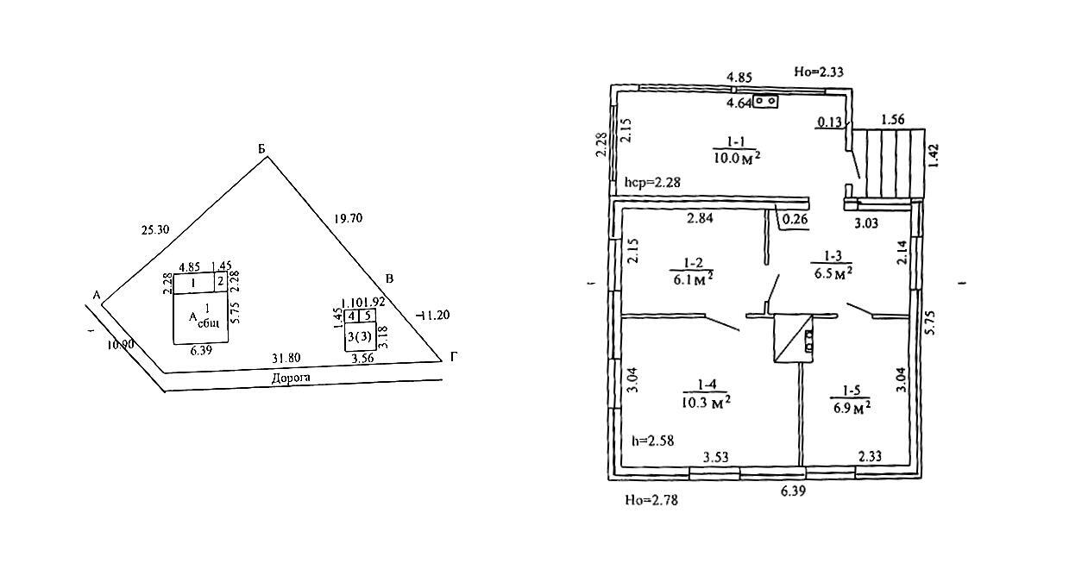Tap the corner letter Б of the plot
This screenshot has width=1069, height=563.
point(261,149)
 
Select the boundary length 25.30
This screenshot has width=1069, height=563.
point(154,230)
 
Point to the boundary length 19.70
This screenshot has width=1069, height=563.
point(348,219)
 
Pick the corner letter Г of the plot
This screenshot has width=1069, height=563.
point(453,357)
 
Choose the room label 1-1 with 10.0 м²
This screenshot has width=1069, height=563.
point(735,140)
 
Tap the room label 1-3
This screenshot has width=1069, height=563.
point(833,256)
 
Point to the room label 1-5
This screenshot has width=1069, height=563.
point(849,390)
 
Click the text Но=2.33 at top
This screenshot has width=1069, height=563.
point(818,72)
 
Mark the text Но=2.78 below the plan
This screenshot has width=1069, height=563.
point(651,499)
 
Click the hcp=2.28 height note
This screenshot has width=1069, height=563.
point(652,183)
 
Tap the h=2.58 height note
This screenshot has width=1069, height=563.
point(652,441)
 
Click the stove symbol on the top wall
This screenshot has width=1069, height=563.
point(765,102)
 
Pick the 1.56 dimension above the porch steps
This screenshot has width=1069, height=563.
point(893,120)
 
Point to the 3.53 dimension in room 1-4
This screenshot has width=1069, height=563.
point(717,456)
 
